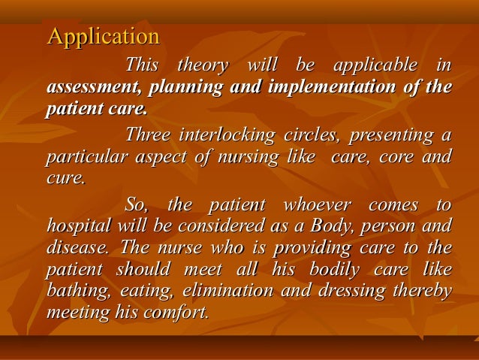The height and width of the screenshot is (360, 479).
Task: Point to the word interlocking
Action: [x=217, y=136]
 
